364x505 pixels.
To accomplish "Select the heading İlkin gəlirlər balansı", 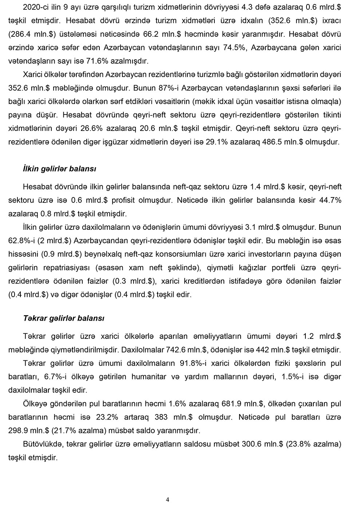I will (59, 169).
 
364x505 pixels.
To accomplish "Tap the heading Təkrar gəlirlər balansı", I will (64, 318).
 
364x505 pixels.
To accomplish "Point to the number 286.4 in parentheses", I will (19, 34).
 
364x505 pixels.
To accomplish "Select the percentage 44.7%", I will (328, 200).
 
